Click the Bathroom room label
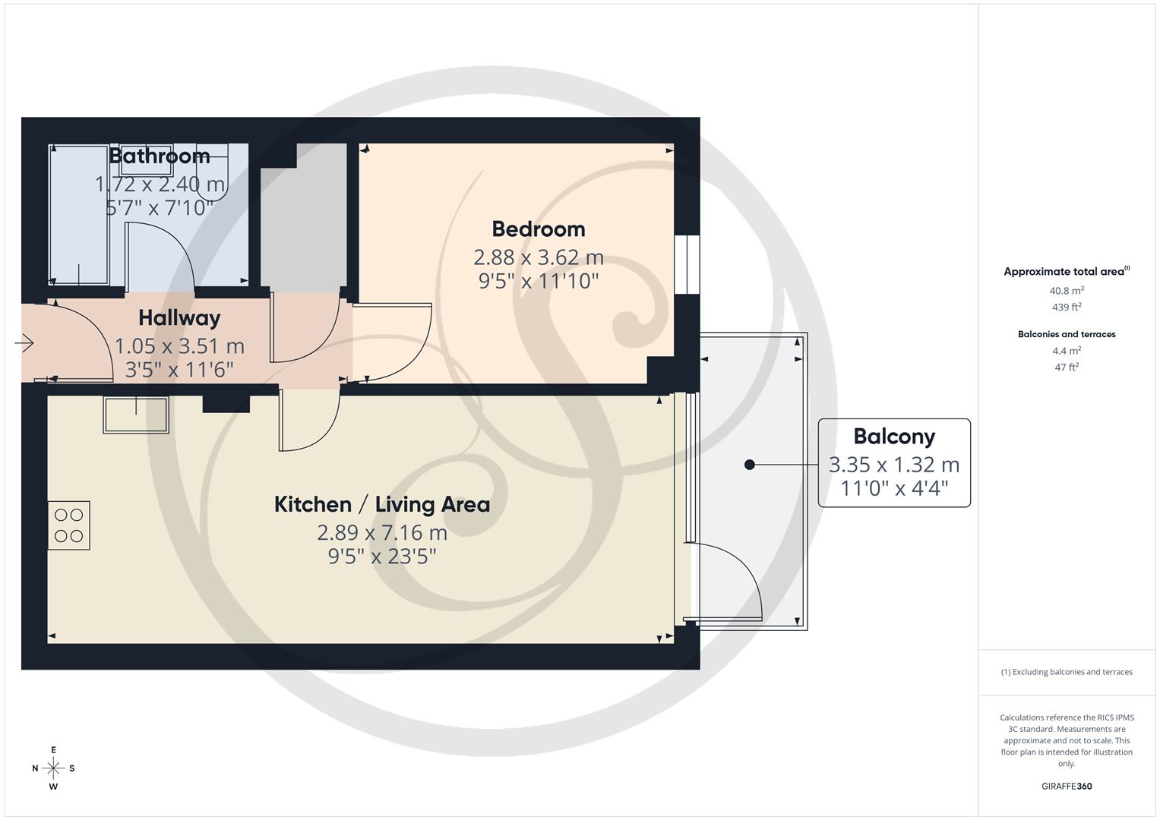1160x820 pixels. [x=160, y=156]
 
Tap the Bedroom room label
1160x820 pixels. [x=538, y=229]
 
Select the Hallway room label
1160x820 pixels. [x=179, y=318]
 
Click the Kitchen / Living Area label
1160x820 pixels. [x=381, y=505]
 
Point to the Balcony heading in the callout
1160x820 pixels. [x=893, y=437]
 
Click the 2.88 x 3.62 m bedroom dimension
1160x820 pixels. [x=538, y=257]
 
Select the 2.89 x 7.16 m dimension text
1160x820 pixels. [x=381, y=532]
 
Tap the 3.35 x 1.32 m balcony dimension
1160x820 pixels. [x=893, y=465]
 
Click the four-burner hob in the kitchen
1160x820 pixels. [x=68, y=525]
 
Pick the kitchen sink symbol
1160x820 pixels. [x=136, y=415]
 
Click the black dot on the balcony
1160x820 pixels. [x=750, y=465]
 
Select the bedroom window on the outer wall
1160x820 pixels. [x=687, y=264]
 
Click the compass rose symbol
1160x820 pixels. [x=53, y=768]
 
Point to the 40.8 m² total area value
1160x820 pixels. [x=1066, y=291]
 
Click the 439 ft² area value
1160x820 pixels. [x=1066, y=307]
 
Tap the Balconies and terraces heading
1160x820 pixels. [x=1066, y=334]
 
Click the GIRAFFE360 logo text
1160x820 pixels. [x=1066, y=787]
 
